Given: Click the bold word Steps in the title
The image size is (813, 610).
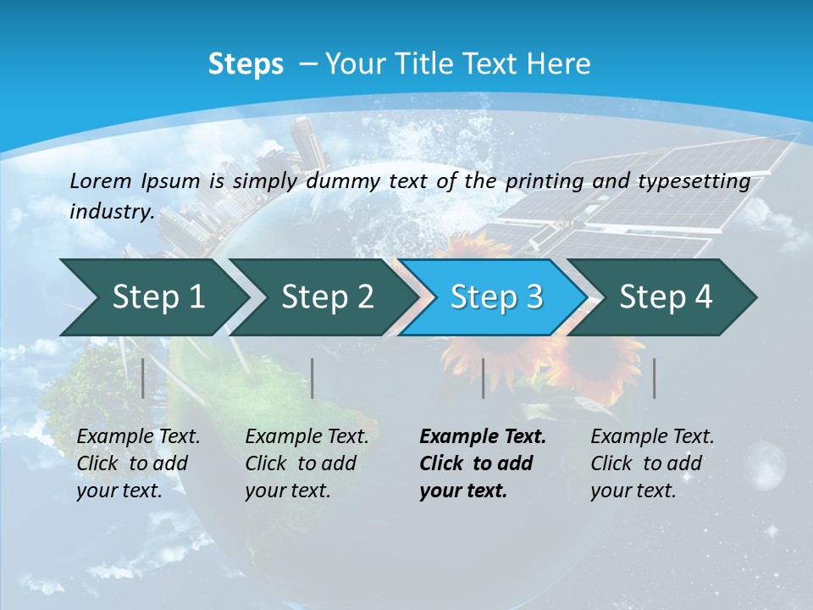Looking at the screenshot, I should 246,64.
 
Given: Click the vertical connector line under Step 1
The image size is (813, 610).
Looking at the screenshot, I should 143,378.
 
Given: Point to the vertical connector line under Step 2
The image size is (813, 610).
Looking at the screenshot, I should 312,378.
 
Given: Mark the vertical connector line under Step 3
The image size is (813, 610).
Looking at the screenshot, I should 484,378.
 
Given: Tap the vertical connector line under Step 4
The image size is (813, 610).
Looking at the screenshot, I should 655,378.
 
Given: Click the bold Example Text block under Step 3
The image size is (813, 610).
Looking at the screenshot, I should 483,463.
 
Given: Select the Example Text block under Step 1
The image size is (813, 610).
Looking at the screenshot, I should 138,463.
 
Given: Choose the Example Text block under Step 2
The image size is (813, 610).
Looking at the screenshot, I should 307,463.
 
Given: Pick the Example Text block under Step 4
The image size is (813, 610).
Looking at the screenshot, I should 652,463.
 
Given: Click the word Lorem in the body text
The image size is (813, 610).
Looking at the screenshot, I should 101,180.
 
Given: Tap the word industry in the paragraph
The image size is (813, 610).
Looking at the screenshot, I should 112,212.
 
